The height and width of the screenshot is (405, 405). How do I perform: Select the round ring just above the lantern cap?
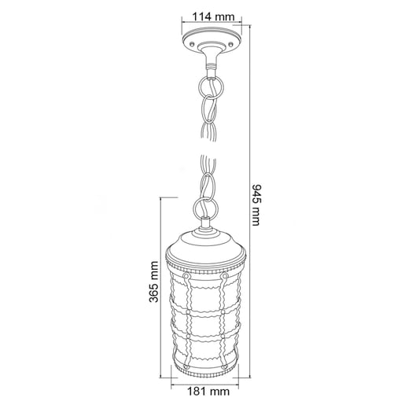coord(204,208)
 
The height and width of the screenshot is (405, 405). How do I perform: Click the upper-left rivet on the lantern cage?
coord(186,277)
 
